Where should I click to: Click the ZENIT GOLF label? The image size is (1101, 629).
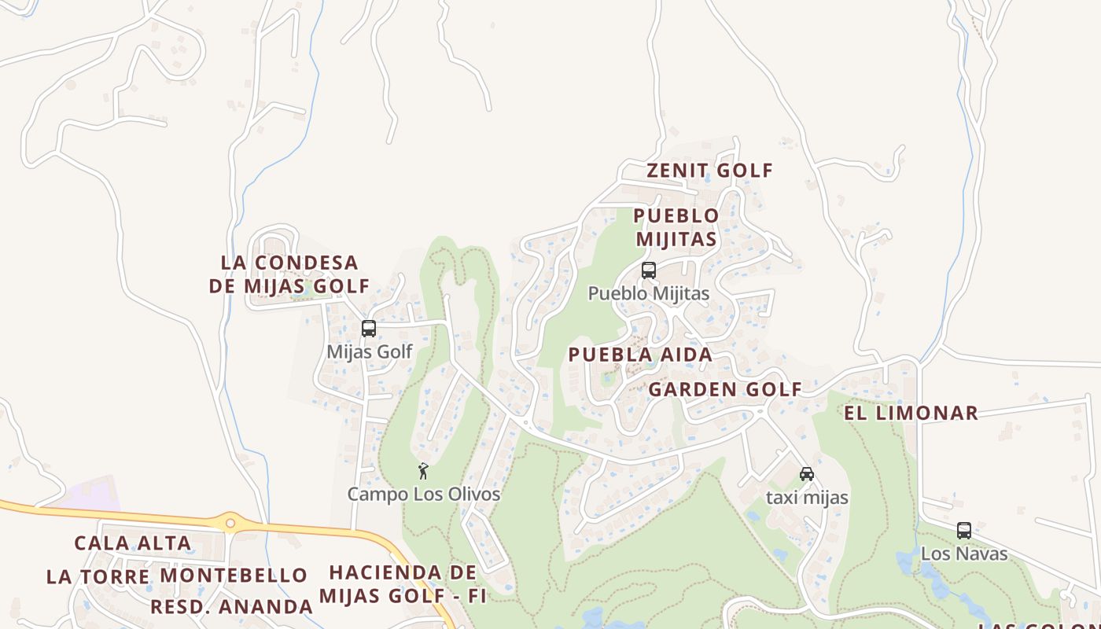(x=709, y=171)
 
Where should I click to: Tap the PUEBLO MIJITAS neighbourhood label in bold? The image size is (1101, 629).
(x=676, y=227)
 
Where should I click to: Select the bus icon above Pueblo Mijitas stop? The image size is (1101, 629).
(x=649, y=270)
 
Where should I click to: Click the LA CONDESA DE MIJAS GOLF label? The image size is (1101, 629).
(x=289, y=274)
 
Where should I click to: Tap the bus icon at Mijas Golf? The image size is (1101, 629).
(x=369, y=329)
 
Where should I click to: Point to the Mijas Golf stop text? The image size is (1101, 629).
(x=370, y=351)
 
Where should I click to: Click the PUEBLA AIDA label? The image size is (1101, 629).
(x=640, y=355)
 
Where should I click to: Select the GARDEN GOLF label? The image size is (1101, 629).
(x=724, y=389)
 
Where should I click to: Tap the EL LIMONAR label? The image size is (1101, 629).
(x=911, y=413)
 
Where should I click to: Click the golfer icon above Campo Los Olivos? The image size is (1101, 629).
(x=423, y=471)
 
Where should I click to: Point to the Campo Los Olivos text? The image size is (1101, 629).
(x=424, y=495)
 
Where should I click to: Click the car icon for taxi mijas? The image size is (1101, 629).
(x=807, y=474)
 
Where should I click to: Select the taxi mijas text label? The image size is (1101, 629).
(x=807, y=498)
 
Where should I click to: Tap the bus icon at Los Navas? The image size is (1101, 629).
(x=964, y=531)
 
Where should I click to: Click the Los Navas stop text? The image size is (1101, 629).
(x=964, y=554)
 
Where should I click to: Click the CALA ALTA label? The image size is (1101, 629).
(x=133, y=543)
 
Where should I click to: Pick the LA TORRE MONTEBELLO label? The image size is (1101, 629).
(x=177, y=576)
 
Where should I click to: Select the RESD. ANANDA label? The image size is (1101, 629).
(x=232, y=607)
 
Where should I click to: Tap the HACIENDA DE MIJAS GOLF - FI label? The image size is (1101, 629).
(x=403, y=584)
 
